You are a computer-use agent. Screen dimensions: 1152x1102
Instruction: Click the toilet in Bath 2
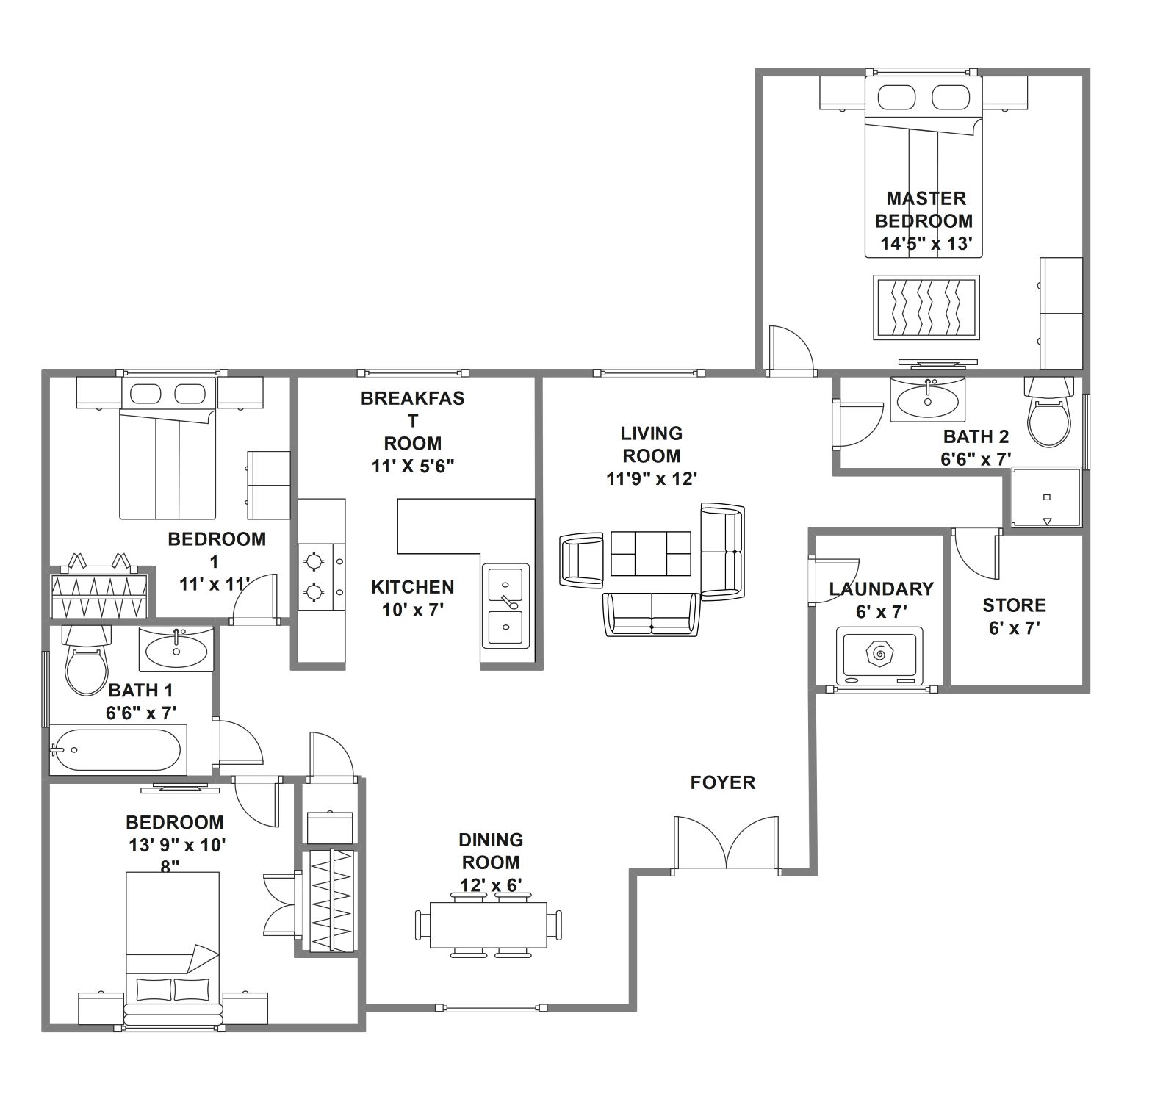(x=1048, y=411)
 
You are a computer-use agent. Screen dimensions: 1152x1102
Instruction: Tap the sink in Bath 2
(x=928, y=399)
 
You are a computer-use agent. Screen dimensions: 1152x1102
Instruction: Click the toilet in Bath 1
(x=87, y=660)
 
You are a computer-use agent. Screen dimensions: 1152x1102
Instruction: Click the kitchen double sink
(x=505, y=605)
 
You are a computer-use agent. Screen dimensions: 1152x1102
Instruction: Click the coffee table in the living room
(x=651, y=553)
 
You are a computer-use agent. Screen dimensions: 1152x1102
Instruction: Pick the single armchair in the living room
(x=582, y=560)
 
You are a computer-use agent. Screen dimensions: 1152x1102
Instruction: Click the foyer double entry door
(x=726, y=844)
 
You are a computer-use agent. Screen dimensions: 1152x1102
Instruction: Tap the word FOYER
(x=723, y=783)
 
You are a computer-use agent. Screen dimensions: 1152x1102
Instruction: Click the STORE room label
(x=1014, y=605)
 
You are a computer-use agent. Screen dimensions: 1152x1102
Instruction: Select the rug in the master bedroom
(x=926, y=307)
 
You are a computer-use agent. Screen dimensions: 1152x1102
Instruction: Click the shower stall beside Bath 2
(x=1046, y=498)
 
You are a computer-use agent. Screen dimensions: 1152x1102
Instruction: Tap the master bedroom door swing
(x=791, y=350)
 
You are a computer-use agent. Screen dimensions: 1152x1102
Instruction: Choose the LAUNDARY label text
(x=881, y=588)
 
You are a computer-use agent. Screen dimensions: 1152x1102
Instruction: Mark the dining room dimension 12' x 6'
(x=491, y=885)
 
